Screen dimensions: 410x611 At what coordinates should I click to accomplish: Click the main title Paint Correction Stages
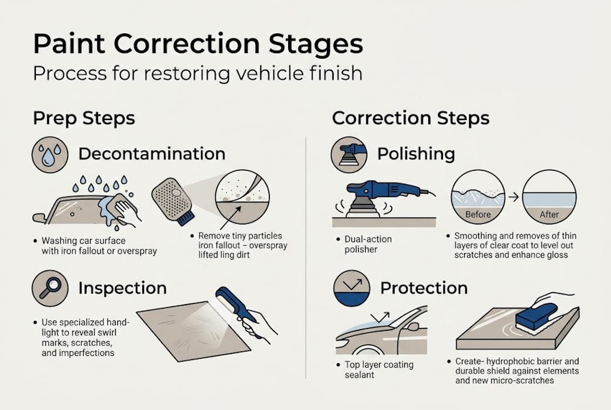pyautogui.click(x=197, y=44)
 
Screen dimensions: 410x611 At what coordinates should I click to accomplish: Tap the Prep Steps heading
pyautogui.click(x=84, y=118)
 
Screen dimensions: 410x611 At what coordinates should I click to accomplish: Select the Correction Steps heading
pyautogui.click(x=411, y=118)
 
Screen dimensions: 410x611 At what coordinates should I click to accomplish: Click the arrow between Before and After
pyautogui.click(x=513, y=197)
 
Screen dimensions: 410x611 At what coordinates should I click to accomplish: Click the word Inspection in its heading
pyautogui.click(x=122, y=288)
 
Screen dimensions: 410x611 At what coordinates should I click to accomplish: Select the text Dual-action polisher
pyautogui.click(x=368, y=244)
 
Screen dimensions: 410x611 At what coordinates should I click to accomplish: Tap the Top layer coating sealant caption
pyautogui.click(x=379, y=370)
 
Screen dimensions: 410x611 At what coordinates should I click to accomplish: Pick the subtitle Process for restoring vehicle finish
pyautogui.click(x=197, y=74)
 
